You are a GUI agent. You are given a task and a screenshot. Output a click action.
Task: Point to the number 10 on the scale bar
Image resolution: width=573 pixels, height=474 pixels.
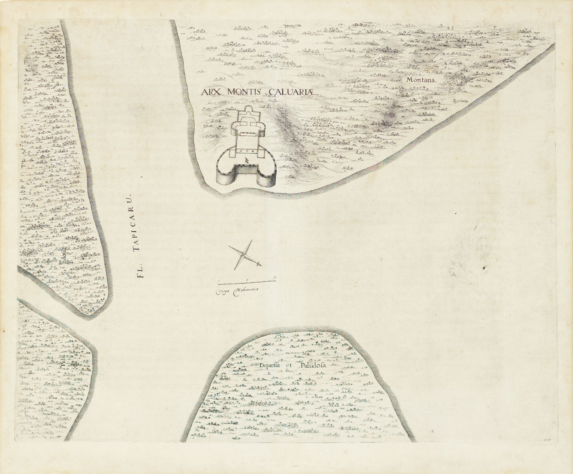click(x=274, y=278)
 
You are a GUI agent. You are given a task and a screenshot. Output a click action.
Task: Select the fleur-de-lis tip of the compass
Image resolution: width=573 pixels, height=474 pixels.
click(x=259, y=264)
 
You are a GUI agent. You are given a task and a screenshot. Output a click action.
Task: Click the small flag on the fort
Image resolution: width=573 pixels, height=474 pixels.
click(x=247, y=160)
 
